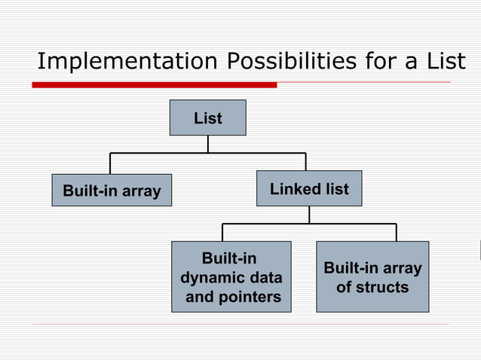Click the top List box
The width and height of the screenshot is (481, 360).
(207, 118)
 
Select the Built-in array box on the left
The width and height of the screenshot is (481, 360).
(112, 191)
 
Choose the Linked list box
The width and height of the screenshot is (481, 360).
(309, 189)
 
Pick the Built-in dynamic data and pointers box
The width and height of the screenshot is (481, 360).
(231, 276)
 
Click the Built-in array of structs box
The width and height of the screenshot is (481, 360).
(372, 276)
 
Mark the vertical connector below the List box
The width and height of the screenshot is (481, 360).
(208, 144)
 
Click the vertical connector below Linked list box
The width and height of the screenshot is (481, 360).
(309, 215)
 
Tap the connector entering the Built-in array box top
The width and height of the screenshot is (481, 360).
(111, 163)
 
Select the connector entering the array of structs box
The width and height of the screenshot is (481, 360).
(397, 232)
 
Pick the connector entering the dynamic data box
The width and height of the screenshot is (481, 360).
(222, 232)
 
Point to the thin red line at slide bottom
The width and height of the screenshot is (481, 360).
(241, 325)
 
